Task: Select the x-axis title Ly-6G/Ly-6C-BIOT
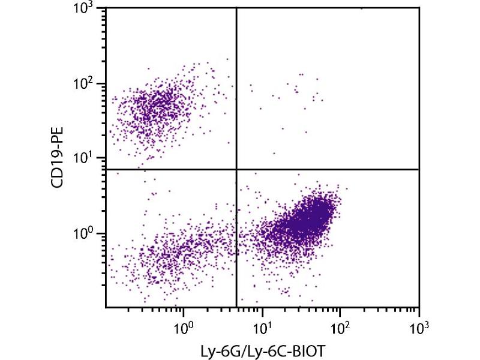pyautogui.click(x=262, y=349)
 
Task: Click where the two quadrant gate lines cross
pyautogui.click(x=237, y=169)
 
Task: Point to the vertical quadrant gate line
pyautogui.click(x=237, y=90)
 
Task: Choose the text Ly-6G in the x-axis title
pyautogui.click(x=223, y=349)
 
